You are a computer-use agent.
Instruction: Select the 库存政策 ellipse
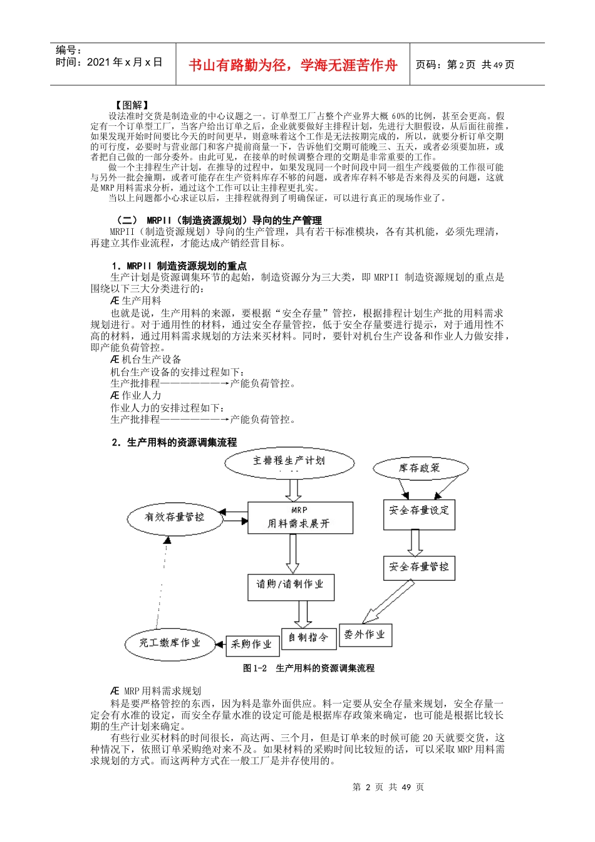(420, 468)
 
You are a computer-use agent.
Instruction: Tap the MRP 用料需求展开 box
(299, 517)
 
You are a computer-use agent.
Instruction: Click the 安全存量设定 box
(419, 511)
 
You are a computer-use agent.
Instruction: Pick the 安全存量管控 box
(418, 567)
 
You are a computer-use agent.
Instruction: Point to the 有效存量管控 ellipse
(175, 517)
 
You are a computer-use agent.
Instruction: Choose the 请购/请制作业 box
(291, 585)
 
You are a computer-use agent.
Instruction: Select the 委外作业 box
(365, 635)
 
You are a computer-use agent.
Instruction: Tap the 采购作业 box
(252, 645)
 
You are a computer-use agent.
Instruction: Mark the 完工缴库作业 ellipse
(170, 643)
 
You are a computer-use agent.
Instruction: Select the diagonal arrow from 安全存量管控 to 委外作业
(388, 601)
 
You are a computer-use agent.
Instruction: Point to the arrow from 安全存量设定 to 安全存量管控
(415, 542)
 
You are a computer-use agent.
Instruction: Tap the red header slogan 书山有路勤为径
(292, 65)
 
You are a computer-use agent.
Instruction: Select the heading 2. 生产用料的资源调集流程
(174, 442)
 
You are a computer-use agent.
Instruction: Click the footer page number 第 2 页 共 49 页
(388, 787)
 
